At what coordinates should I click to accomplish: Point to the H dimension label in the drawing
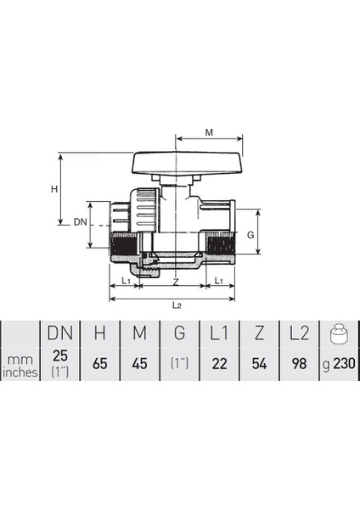coord(54,188)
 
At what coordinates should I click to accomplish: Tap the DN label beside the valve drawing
coord(80,221)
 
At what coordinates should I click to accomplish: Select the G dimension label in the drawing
coord(250,233)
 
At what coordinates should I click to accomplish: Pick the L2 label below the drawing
coord(175,303)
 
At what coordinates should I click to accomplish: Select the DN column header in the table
coord(59,335)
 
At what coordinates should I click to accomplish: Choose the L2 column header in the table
coord(298,335)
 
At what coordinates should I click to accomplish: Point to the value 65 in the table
coord(98,364)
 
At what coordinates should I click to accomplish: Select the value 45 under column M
coord(138,364)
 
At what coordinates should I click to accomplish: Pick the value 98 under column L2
coord(298,364)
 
